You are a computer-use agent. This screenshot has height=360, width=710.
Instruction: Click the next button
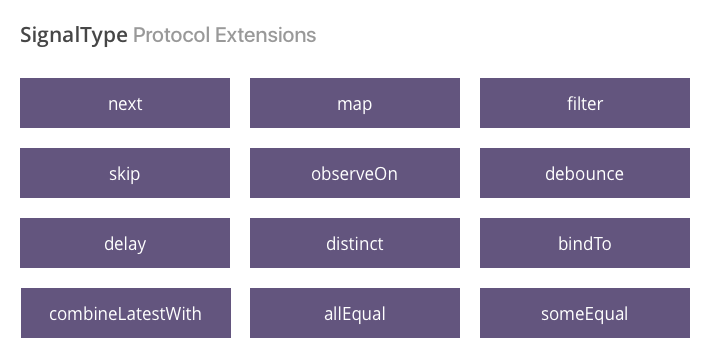125,103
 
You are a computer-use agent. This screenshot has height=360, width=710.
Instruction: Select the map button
355,103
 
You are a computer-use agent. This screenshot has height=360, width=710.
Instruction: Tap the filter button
585,103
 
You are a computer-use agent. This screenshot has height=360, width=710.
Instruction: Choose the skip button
125,173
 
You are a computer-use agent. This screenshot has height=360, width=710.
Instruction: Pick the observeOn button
355,173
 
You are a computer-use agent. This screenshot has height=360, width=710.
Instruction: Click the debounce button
585,173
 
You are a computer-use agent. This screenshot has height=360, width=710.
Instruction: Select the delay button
125,243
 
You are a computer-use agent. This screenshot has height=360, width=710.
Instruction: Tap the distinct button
355,243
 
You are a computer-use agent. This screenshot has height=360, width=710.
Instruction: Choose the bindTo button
585,243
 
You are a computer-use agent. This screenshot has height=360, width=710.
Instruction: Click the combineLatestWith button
126,313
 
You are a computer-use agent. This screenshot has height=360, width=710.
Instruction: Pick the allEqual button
355,313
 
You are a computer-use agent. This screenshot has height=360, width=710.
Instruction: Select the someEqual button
585,313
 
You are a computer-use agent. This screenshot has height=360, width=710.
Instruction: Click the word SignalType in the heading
74,36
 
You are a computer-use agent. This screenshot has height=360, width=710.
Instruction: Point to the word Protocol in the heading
172,35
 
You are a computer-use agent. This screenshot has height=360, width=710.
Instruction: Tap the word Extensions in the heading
266,35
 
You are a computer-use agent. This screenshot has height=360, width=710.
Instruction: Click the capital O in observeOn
379,174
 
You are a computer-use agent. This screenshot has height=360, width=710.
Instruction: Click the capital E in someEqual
589,314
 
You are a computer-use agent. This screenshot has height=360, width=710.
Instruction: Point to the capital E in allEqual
346,314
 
